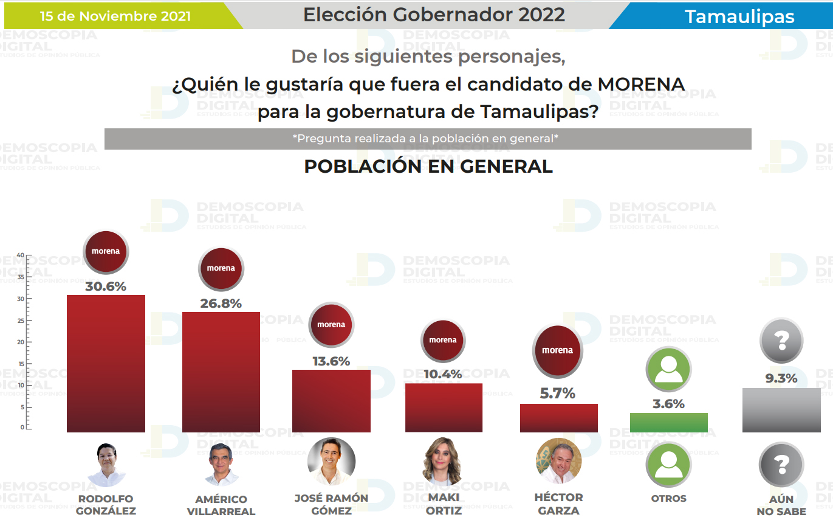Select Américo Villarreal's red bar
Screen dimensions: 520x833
click(x=221, y=372)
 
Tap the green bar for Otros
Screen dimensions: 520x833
click(x=668, y=422)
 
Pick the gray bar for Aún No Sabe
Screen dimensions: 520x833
click(x=781, y=410)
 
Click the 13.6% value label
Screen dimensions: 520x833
click(x=331, y=361)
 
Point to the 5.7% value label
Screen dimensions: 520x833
click(x=558, y=393)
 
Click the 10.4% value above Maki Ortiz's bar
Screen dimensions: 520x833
click(x=443, y=374)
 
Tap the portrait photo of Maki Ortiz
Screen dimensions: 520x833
click(x=442, y=462)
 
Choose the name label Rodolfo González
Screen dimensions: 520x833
click(x=106, y=504)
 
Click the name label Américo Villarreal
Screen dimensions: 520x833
click(x=221, y=505)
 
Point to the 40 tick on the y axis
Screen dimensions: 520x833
click(x=21, y=255)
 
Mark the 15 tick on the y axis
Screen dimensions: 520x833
click(x=21, y=364)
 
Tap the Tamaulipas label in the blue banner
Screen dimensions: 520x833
click(x=739, y=17)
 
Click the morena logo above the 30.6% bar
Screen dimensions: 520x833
click(x=106, y=251)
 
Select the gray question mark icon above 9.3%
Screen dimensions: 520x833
click(x=781, y=339)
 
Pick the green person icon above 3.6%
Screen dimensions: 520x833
click(x=668, y=369)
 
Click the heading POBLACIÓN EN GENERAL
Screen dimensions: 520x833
click(x=428, y=167)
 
